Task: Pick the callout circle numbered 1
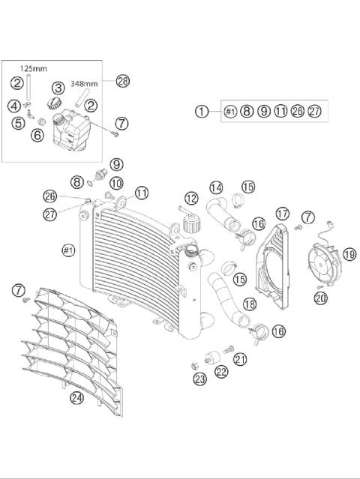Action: (x=202, y=111)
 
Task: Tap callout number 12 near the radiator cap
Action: (x=191, y=199)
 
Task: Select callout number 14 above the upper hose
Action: (x=216, y=187)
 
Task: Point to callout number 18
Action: (x=250, y=304)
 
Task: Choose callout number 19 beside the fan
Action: (x=349, y=254)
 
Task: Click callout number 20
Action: (x=321, y=298)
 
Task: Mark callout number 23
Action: (x=199, y=380)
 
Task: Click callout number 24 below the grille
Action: (x=76, y=398)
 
